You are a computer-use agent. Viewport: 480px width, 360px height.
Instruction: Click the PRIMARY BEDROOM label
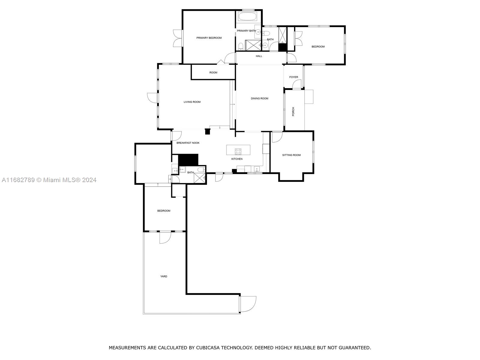pos(209,38)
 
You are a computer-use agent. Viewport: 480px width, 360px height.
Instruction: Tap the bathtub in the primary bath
pos(248,16)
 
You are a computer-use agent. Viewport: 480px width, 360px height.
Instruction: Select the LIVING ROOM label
pos(192,102)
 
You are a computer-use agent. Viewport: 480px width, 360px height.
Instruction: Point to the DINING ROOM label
pos(259,98)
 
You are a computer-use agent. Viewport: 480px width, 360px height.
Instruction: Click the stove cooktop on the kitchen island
pos(238,151)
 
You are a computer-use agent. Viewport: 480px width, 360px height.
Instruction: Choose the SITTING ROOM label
pos(291,155)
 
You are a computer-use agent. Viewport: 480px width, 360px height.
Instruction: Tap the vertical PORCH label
pos(293,112)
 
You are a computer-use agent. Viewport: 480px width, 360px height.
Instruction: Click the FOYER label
pos(293,77)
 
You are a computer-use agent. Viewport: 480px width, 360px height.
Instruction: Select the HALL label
pos(259,56)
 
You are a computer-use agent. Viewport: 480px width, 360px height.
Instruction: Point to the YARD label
pos(163,276)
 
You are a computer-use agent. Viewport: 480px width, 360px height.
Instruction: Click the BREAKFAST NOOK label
pos(188,143)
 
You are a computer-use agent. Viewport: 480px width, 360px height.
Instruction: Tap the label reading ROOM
pos(213,72)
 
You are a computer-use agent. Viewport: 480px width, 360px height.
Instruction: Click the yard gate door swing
pos(248,304)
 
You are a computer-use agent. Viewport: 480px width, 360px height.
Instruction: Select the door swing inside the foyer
pos(297,84)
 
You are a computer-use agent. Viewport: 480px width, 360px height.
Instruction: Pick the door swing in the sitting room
pos(277,137)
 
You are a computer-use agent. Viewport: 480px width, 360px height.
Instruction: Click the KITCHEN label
pos(237,159)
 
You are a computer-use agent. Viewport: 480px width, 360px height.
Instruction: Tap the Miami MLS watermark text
pos(49,180)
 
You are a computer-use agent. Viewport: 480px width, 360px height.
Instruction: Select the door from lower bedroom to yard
pos(165,238)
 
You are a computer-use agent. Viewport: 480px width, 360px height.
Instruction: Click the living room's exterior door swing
pos(152,98)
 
